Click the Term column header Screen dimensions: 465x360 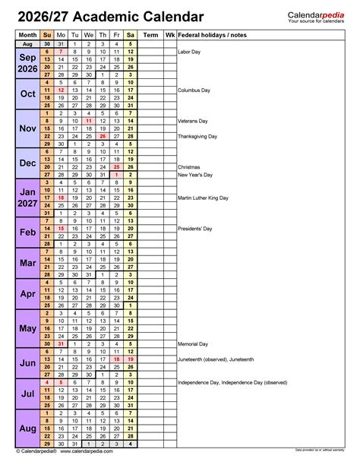click(151, 35)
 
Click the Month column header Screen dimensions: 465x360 click(27, 35)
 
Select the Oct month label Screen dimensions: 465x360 click(27, 93)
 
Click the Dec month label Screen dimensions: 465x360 click(27, 163)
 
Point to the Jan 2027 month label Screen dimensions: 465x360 click(27, 197)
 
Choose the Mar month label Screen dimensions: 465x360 click(27, 262)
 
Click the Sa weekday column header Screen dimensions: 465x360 click(131, 35)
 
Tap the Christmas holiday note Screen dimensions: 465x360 click(189, 166)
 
